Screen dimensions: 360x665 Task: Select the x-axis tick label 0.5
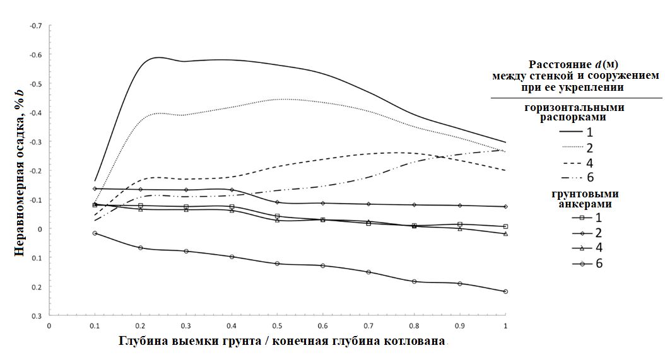(277, 326)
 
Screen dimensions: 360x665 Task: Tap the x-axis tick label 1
(505, 326)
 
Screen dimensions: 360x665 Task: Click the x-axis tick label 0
(49, 326)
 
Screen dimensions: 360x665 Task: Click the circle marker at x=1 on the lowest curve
(505, 291)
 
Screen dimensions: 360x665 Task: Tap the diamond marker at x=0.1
(95, 189)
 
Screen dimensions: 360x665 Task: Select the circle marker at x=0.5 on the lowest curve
(277, 264)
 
